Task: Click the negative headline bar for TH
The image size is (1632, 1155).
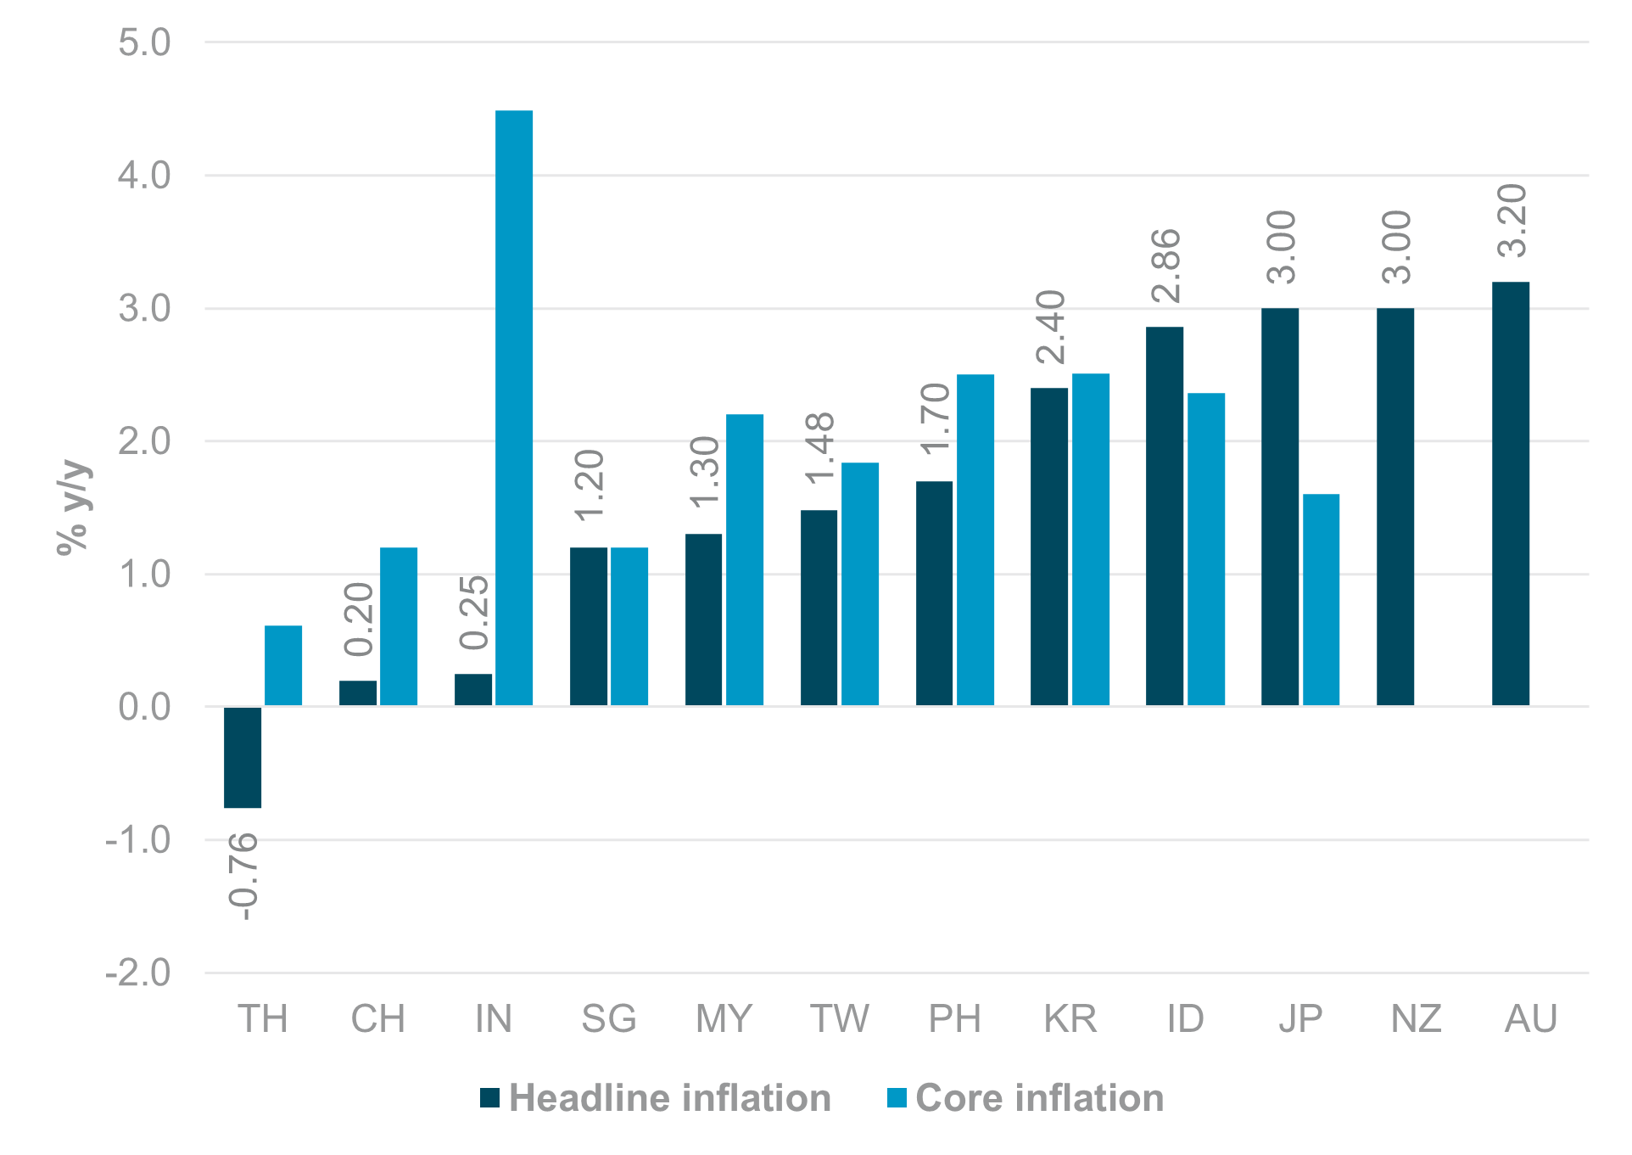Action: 243,757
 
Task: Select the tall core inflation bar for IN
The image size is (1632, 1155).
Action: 514,407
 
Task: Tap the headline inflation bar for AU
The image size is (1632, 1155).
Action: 1510,493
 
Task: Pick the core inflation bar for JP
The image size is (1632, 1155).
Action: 1321,599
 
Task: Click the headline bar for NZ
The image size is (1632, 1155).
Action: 1394,507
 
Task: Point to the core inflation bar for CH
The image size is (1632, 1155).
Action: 399,626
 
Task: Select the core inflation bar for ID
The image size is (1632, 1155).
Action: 1205,549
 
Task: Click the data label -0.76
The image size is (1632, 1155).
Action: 243,876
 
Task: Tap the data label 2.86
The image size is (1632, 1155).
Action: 1166,266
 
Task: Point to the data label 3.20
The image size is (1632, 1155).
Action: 1512,221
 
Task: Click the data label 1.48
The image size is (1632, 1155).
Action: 820,449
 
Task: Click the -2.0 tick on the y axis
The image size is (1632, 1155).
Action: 138,973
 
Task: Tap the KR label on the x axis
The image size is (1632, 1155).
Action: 1070,1018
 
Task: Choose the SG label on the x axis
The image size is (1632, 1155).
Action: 608,1018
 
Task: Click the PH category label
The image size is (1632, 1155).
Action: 954,1018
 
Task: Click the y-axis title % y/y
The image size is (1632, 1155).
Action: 73,507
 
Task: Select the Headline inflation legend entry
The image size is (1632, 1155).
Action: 654,1098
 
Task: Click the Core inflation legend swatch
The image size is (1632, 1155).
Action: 897,1098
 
